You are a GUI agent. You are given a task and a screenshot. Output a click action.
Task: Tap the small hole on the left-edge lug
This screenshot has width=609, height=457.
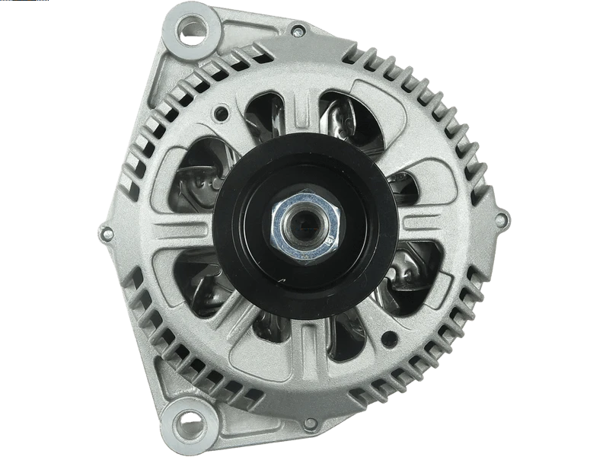coord(104,229)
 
